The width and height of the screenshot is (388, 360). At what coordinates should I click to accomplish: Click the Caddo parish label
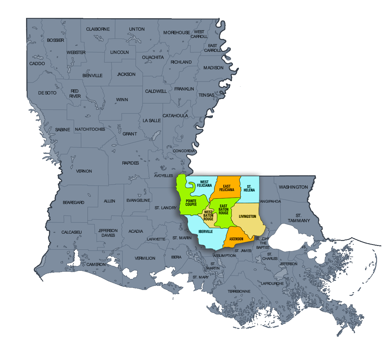37,63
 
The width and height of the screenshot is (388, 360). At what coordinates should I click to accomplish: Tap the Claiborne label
98,29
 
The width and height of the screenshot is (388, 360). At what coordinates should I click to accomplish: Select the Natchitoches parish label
90,129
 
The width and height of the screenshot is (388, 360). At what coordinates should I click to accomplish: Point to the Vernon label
84,171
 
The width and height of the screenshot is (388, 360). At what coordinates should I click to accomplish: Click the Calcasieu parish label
72,232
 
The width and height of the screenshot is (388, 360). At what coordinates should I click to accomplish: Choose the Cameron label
96,265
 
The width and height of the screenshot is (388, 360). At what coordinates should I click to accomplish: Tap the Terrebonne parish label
239,292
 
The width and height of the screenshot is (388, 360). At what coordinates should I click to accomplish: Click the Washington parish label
293,187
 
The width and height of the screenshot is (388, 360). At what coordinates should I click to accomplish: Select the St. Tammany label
299,218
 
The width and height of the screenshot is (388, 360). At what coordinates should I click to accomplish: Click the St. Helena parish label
249,188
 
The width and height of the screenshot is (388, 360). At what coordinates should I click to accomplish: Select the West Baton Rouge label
208,215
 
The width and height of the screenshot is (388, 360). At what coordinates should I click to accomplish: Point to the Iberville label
206,232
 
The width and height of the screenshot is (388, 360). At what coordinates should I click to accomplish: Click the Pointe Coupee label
191,203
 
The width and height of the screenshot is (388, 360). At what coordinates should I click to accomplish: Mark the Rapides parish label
130,163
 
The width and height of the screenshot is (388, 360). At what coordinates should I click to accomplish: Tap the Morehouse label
176,33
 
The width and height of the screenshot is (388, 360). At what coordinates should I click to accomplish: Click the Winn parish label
122,100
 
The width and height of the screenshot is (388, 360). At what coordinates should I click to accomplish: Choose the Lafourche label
272,283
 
